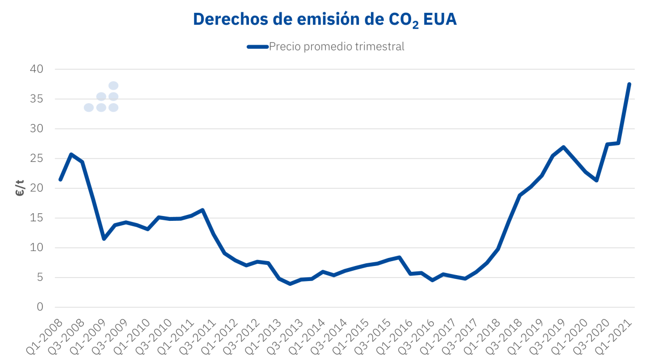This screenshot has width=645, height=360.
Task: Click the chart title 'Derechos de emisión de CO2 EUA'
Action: [325, 19]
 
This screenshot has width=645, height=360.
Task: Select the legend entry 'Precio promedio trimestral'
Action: [336, 47]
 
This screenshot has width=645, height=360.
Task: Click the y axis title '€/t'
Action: [20, 189]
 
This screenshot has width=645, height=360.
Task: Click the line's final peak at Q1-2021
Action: [629, 84]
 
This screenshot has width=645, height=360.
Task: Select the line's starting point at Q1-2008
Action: [60, 179]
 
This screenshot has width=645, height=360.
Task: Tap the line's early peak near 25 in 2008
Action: [71, 154]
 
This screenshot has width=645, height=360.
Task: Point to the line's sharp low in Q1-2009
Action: [104, 239]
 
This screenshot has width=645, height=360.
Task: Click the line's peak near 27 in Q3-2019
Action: [563, 147]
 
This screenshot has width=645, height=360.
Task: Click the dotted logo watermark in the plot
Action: [102, 97]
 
